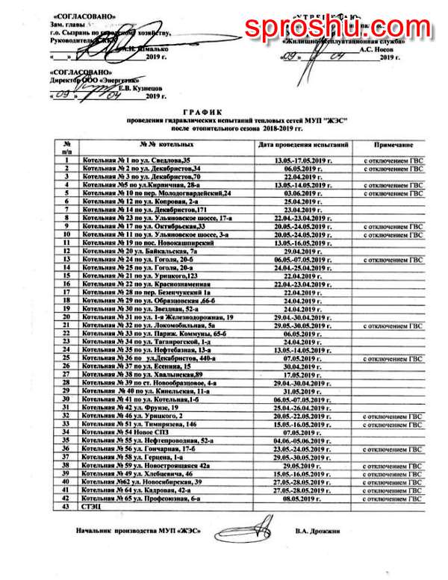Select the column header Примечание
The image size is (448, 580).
[x=393, y=145]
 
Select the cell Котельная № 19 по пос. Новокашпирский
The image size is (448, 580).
[x=140, y=243]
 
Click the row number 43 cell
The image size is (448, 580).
[x=66, y=505]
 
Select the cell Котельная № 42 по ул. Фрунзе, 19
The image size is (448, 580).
[x=128, y=408]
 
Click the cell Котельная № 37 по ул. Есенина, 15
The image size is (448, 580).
[x=128, y=366]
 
